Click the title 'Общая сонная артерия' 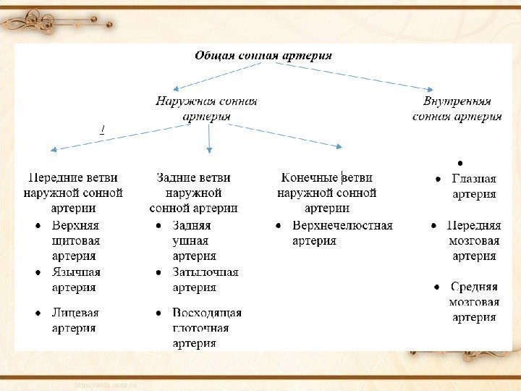tap(263, 56)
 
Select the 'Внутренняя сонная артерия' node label tap(457, 109)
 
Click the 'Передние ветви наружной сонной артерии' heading tap(73, 193)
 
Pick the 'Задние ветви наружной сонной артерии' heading tap(193, 193)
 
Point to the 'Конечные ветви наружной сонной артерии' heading tap(326, 193)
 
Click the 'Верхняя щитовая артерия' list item tap(75, 240)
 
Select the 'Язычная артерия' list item tap(75, 279)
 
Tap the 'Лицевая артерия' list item tap(75, 320)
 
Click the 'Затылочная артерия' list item tap(205, 279)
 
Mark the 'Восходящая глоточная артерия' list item tap(206, 328)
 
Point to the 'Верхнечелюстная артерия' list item tap(342, 232)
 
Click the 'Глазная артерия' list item tap(474, 186)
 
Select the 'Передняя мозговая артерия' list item tap(474, 240)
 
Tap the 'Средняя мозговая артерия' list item tap(474, 302)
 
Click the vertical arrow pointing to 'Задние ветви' tap(209, 138)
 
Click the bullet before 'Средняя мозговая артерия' tap(434, 287)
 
